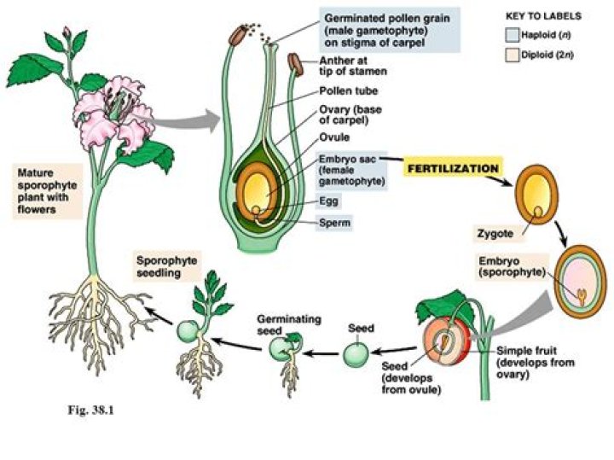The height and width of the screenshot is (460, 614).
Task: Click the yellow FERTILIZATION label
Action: (451, 169)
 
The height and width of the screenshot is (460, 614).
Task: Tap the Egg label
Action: (328, 201)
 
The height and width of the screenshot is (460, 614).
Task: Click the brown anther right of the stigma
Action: (296, 64)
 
